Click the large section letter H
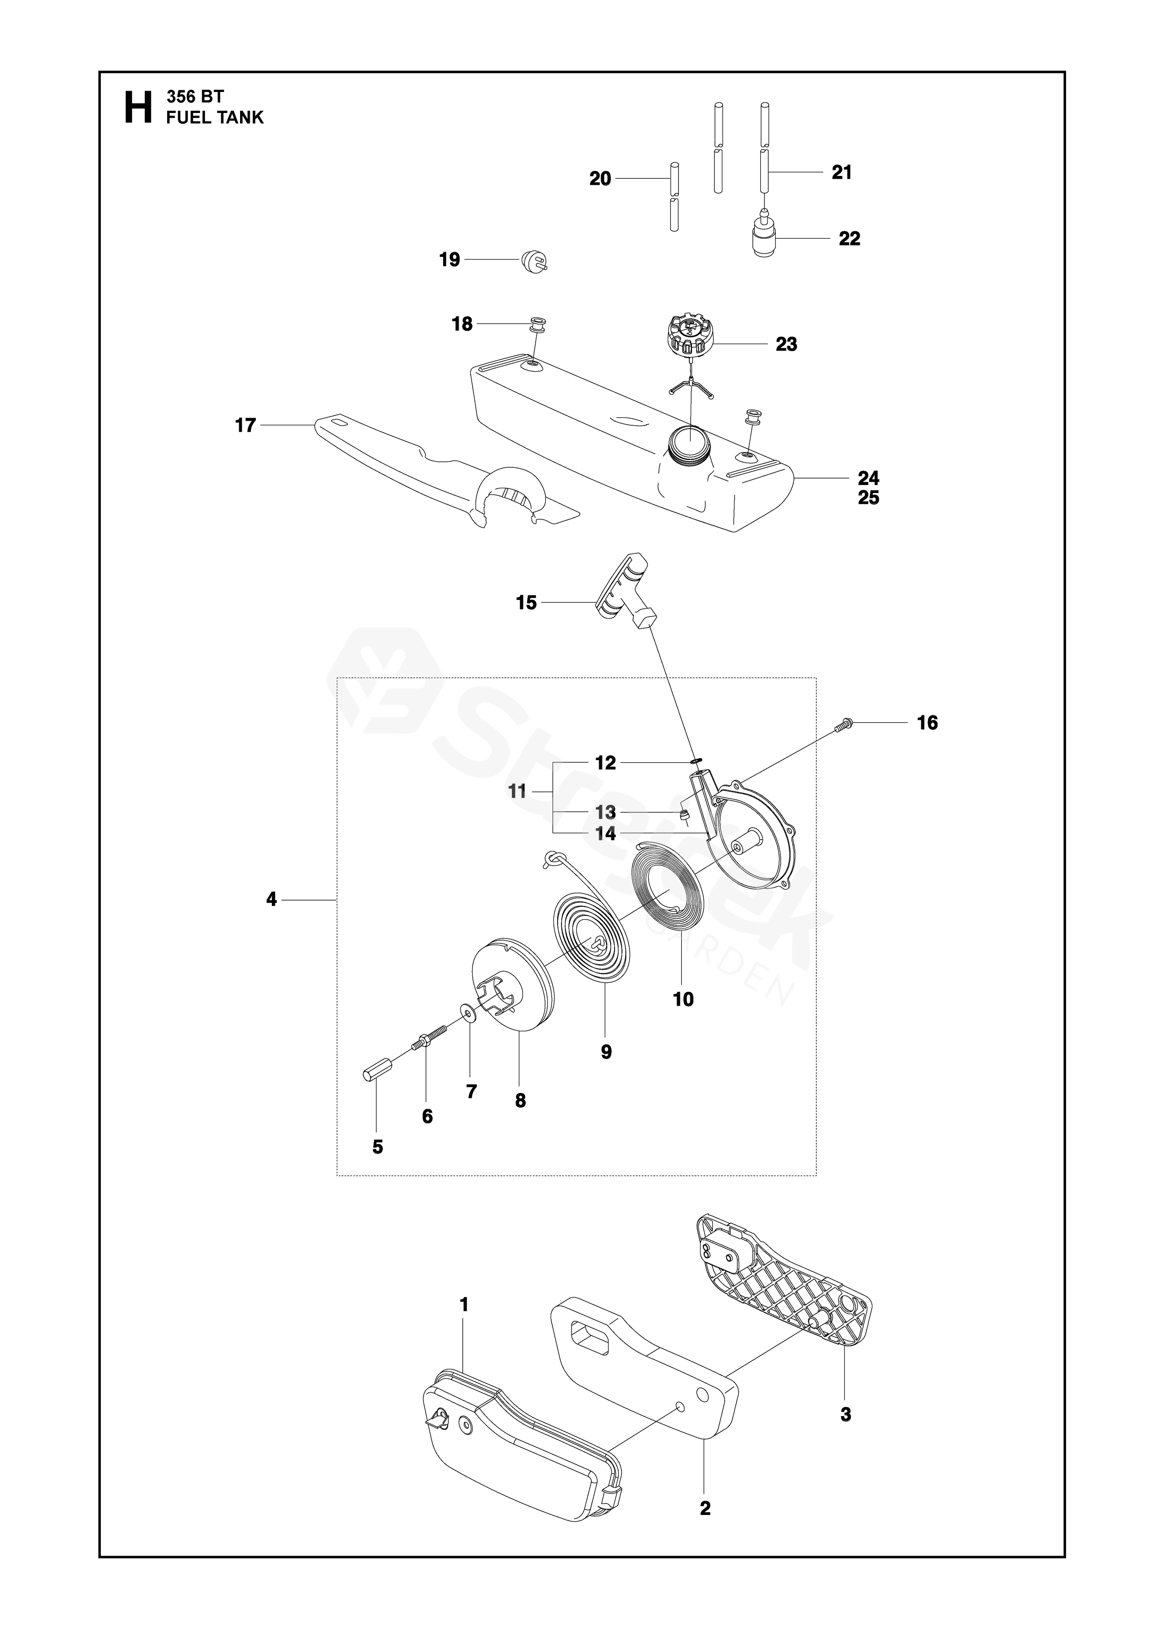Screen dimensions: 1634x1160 point(138,108)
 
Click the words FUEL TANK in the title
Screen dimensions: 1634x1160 point(214,118)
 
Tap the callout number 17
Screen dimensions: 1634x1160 point(245,426)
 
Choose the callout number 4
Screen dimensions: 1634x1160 point(271,899)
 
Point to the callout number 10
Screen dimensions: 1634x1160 point(683,999)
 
